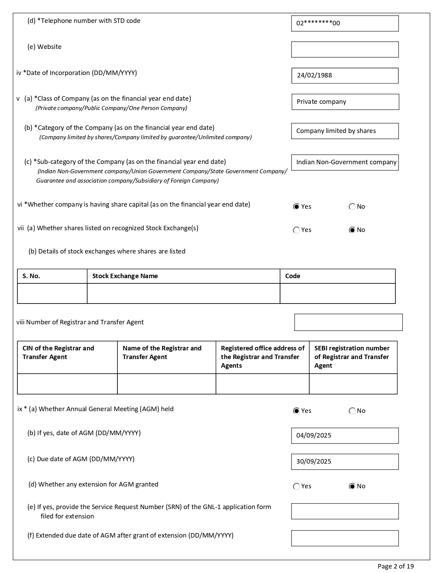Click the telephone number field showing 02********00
coord(345,24)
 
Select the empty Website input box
coord(345,50)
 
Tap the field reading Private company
coord(345,102)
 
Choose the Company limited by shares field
coord(345,131)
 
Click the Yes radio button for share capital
coord(296,207)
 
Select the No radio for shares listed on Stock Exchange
coord(352,230)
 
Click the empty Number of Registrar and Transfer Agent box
coord(348,322)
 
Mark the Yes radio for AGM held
coord(296,411)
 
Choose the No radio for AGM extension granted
coord(352,486)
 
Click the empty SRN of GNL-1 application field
coord(345,511)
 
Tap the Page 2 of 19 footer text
coord(396,566)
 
